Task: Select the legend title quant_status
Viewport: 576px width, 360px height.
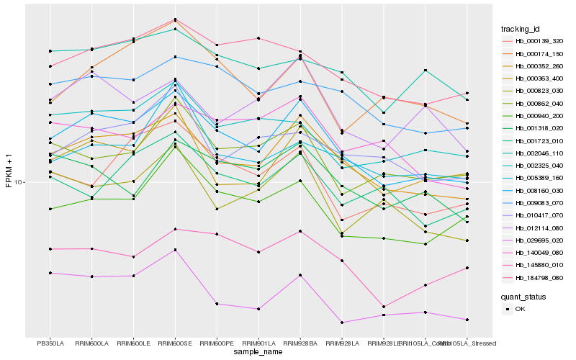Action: tap(523, 296)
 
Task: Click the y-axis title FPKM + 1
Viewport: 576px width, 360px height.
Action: tap(9, 170)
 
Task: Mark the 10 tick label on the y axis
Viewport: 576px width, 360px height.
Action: tap(19, 182)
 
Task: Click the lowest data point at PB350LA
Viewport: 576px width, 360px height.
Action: tap(50, 273)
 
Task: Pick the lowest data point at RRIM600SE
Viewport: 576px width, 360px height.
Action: tap(175, 250)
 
